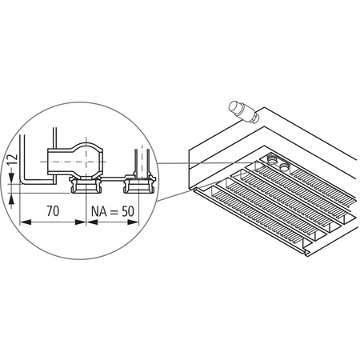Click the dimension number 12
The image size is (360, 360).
[9, 164]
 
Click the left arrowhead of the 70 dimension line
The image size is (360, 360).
[22, 222]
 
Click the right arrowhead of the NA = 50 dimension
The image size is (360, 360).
[131, 222]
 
